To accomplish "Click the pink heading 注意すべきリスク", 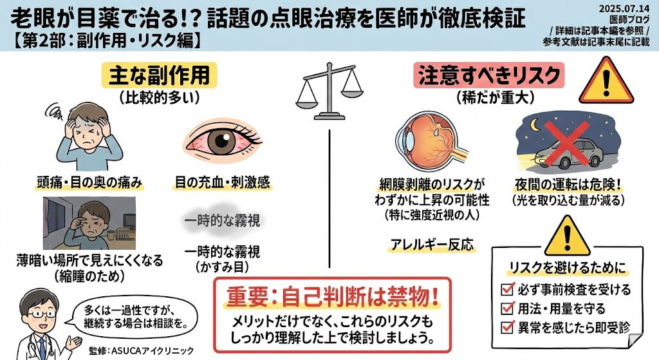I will coord(489,75).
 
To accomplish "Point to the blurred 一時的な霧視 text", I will coord(222,222).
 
